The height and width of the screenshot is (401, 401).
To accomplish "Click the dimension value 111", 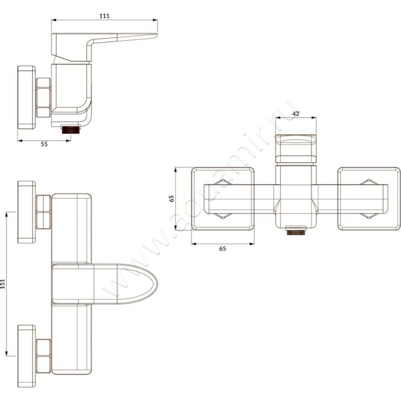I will (x=104, y=16).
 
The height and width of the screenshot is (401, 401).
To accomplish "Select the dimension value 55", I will (x=44, y=144).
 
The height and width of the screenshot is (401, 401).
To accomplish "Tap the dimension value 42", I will (x=296, y=114).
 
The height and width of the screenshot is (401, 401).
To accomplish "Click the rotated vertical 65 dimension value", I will (x=171, y=198).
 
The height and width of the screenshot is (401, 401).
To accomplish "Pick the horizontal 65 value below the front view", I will (x=223, y=249).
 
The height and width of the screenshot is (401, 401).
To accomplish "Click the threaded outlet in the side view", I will (x=71, y=128).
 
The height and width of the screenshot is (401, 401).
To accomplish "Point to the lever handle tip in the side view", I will (x=150, y=35).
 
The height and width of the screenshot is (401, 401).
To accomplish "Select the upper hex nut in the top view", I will (x=44, y=211).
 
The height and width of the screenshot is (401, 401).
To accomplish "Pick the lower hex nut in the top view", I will (x=44, y=355).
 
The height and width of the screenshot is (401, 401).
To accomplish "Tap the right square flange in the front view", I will (x=369, y=198).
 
